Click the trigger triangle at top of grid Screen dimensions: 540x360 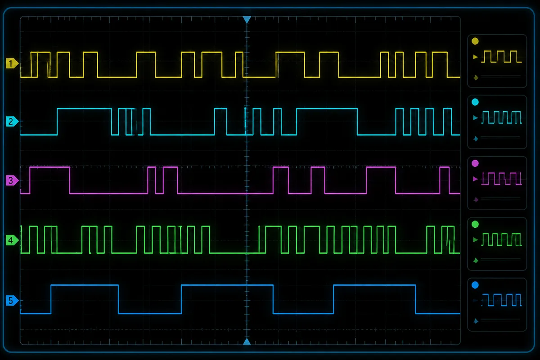247,19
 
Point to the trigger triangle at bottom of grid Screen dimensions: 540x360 247,342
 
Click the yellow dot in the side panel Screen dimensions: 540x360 475,41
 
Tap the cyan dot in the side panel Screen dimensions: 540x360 475,102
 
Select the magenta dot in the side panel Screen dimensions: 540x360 475,163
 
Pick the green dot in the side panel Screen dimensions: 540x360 475,225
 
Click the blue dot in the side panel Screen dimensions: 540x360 475,285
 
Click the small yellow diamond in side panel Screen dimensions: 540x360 476,78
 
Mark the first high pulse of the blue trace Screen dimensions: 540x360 85,285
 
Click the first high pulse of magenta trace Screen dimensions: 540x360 49,167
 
